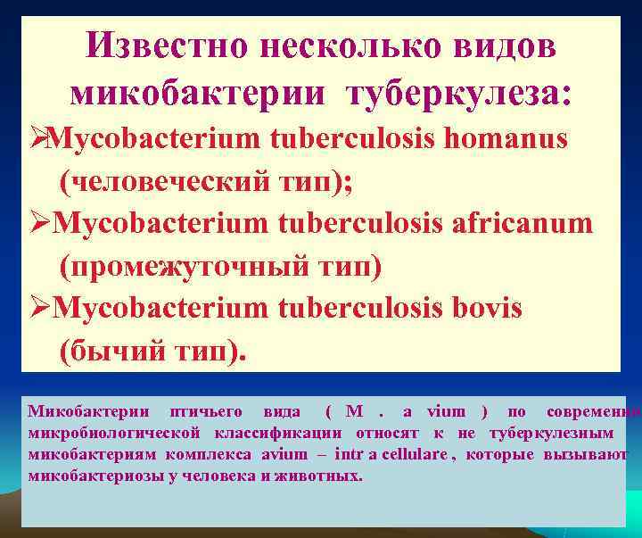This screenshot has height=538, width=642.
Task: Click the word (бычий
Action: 111,350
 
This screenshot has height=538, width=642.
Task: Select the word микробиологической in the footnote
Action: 116,434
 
